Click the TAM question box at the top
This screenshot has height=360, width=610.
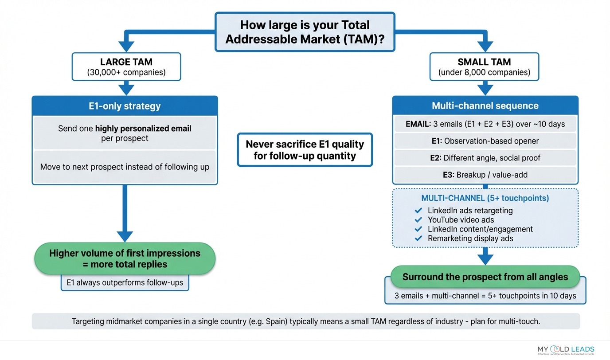click(305, 31)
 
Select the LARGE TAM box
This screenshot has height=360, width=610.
click(126, 67)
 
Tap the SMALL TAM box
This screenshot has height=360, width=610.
click(484, 67)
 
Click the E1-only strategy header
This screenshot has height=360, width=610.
click(125, 106)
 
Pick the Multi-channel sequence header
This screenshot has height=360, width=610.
click(485, 106)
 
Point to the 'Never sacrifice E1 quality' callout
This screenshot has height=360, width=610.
click(305, 150)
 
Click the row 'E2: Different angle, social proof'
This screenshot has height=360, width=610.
click(485, 158)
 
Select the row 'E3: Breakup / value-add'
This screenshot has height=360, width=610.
click(485, 175)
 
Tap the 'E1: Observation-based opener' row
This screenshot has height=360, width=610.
click(485, 141)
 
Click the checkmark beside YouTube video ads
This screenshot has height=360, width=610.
click(418, 220)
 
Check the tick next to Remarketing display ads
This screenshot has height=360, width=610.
click(418, 239)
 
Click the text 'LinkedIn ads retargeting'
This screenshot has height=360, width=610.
click(470, 211)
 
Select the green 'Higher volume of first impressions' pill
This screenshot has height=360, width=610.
click(125, 258)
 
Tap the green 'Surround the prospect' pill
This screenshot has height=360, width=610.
click(485, 277)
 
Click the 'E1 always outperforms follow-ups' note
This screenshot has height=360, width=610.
click(125, 282)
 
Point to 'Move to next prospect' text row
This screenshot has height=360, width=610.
click(125, 167)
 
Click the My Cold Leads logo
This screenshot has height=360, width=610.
click(565, 350)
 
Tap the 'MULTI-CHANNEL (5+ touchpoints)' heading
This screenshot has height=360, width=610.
click(485, 198)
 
